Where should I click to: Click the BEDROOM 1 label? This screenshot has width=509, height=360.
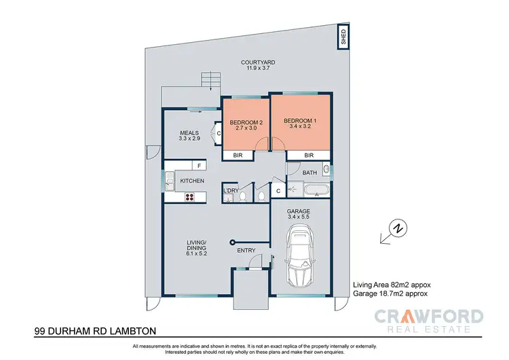(x=299, y=120)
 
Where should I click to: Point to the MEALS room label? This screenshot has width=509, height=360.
(x=188, y=132)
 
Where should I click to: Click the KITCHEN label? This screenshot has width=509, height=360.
(x=192, y=181)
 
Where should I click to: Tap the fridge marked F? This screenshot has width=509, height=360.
(x=199, y=165)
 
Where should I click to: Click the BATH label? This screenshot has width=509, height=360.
(x=309, y=173)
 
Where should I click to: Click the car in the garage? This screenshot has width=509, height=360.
(x=302, y=259)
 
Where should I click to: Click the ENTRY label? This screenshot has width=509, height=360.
(x=246, y=251)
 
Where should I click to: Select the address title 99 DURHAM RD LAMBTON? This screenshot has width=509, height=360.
(x=95, y=331)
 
